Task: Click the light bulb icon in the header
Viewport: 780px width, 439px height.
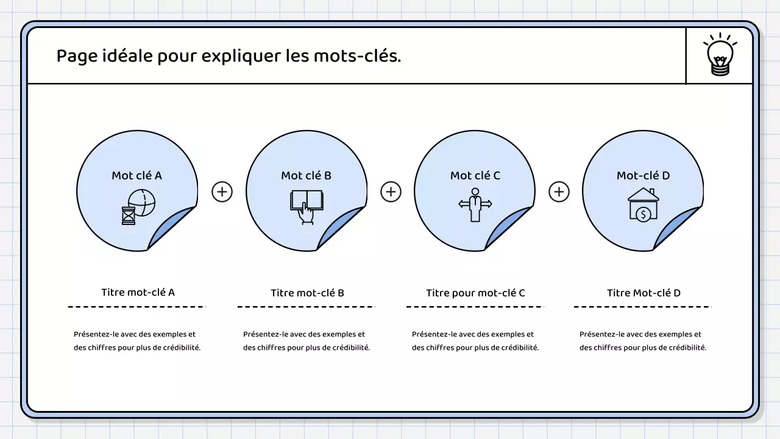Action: coord(720,55)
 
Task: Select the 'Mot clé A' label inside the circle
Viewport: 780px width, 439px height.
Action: coord(136,176)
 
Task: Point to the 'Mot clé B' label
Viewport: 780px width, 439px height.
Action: coord(306,176)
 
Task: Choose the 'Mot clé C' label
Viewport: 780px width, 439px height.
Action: coord(475,176)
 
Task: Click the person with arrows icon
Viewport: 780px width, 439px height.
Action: coord(475,205)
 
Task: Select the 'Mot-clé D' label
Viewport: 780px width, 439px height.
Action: coord(643,176)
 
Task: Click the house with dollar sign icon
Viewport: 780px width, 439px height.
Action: coord(643,205)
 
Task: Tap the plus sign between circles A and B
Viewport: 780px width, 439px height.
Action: coord(222,191)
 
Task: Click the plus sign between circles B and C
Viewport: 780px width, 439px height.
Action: coord(391,191)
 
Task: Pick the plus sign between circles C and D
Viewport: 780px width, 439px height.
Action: coord(559,191)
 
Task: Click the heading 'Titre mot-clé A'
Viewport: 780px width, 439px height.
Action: coord(138,292)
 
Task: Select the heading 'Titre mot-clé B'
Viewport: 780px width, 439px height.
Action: coord(307,293)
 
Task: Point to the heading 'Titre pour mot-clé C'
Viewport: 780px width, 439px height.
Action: coord(475,293)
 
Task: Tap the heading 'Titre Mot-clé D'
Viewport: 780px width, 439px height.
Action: coord(643,293)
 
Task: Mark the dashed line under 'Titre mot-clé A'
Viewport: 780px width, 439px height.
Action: coord(137,307)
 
